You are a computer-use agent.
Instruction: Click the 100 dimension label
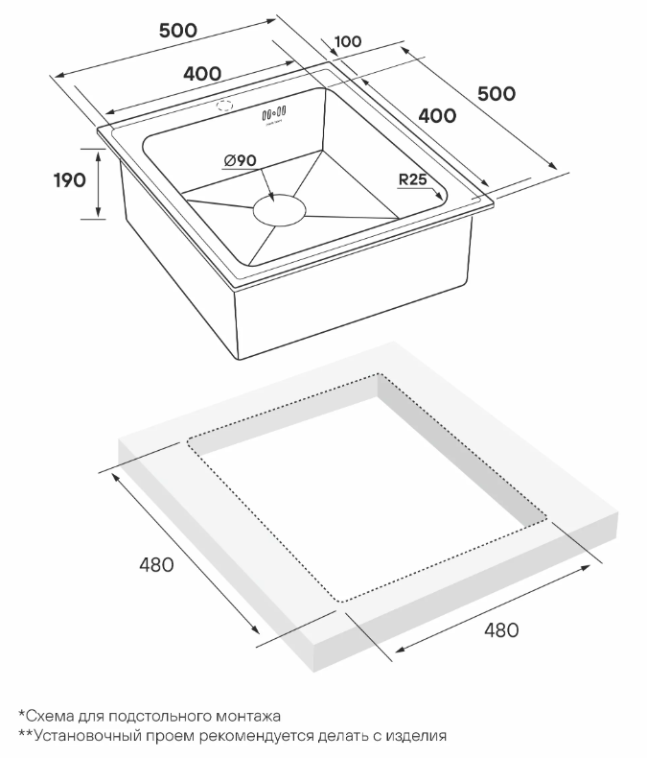coord(348,41)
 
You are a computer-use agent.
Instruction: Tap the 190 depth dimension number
coord(70,180)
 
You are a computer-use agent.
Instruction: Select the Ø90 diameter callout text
coord(241,160)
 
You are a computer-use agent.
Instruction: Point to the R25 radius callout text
coord(413,179)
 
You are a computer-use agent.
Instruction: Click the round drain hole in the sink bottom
coord(280,210)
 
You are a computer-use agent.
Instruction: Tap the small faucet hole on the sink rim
coord(224,105)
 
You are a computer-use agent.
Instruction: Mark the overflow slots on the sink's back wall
coord(274,113)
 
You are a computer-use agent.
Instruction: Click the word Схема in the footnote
coord(49,716)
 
